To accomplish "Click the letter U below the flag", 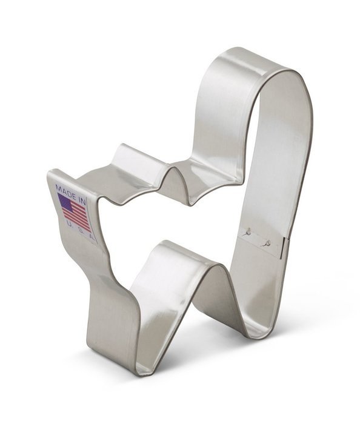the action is point(68,224).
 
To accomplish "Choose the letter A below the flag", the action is point(91,238).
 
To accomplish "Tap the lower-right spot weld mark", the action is point(267,243).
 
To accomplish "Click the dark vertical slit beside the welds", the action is point(282,247).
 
